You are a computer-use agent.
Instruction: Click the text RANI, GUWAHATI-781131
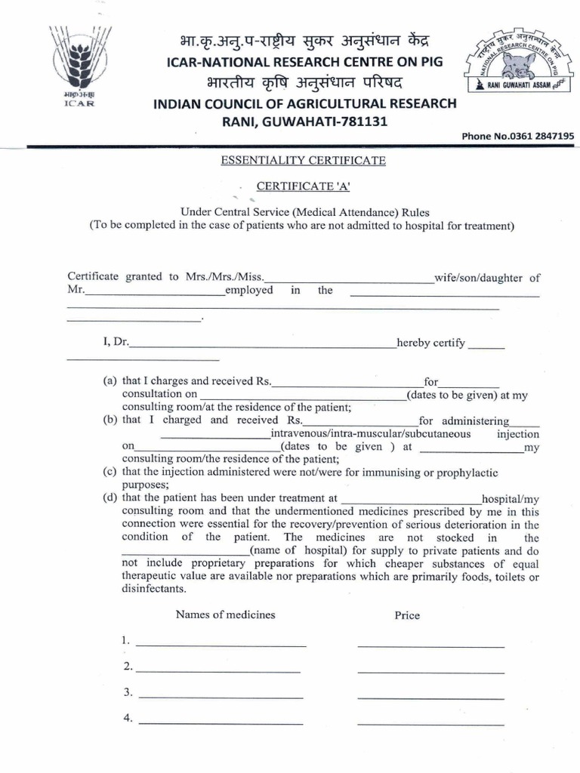302,122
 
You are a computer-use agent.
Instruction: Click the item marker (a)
110,382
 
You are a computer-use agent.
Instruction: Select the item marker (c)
110,472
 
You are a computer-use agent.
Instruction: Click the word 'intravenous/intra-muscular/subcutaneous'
370,434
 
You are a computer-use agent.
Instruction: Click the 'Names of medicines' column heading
225,614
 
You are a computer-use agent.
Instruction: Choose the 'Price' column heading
407,615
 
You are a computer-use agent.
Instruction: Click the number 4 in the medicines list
127,719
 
